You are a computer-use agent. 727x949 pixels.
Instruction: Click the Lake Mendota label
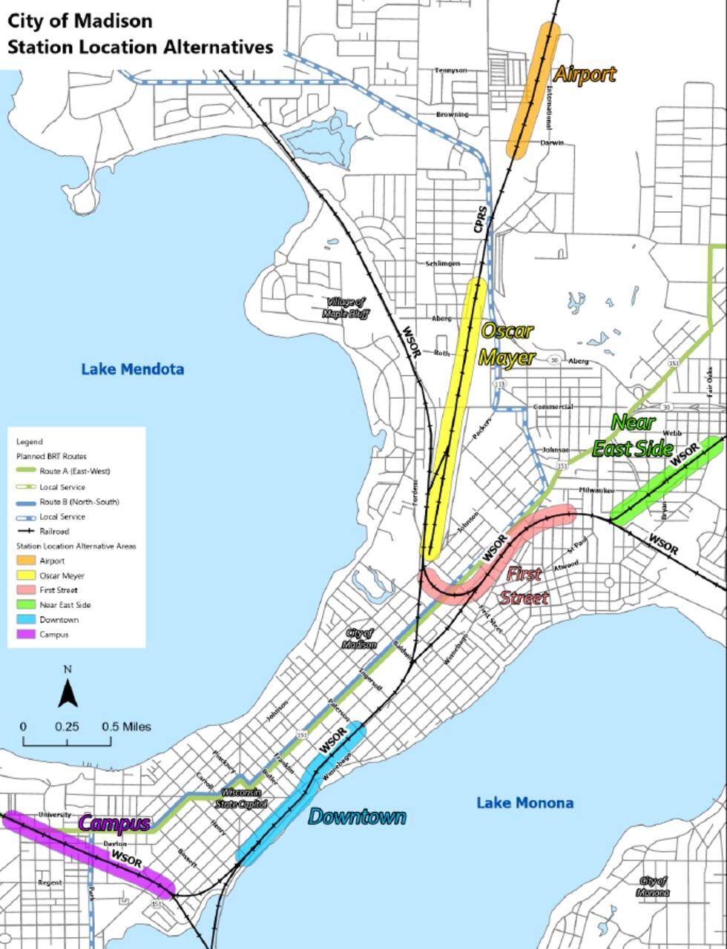tap(132, 369)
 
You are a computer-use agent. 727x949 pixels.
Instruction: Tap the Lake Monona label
tap(524, 803)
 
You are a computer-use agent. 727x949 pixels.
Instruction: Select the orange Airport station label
tap(585, 74)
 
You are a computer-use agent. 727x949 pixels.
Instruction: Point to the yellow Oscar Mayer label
tap(507, 344)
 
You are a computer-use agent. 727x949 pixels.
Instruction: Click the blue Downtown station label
tap(357, 817)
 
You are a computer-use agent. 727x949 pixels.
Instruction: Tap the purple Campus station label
tap(114, 823)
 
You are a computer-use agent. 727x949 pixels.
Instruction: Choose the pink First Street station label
tap(524, 586)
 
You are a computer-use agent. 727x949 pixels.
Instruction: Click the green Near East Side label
tap(632, 436)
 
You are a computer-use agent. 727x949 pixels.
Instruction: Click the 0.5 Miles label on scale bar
tap(126, 727)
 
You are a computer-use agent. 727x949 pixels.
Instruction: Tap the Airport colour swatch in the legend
tap(26, 561)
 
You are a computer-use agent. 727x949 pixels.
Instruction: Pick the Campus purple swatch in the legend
tap(26, 635)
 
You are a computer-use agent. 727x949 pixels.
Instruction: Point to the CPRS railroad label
tap(481, 220)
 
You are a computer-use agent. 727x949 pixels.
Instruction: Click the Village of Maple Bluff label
tap(345, 308)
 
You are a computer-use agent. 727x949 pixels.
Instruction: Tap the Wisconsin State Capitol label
tap(241, 798)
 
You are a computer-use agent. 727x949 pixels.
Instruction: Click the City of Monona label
tap(653, 887)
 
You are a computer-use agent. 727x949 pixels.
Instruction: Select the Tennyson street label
tap(450, 70)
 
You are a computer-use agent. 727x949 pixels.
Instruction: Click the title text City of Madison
tap(80, 21)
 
